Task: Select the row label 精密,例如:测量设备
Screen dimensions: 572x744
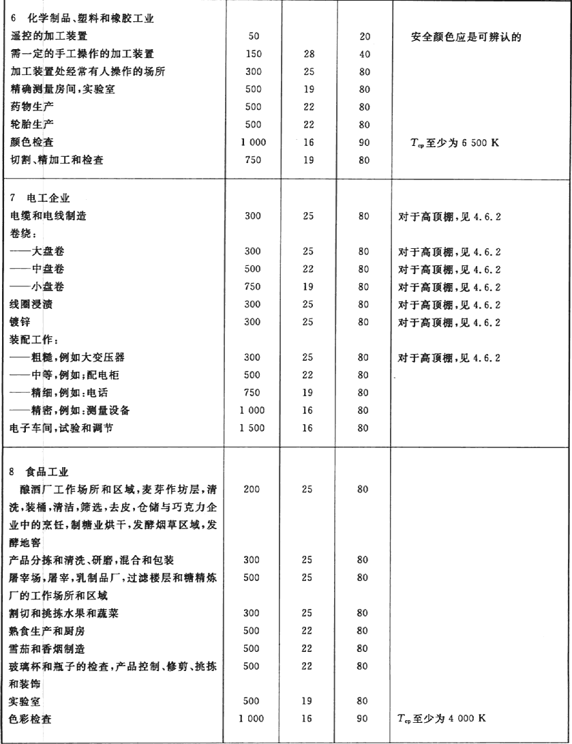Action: click(80, 410)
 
